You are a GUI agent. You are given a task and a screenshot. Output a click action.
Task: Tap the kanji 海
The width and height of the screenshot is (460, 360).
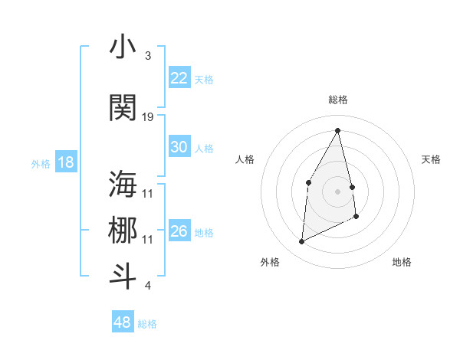coord(123,184)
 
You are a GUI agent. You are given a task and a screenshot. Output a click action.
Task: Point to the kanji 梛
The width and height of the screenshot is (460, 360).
coord(123,230)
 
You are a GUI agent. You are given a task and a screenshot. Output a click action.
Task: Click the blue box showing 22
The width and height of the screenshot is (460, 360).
coord(179,78)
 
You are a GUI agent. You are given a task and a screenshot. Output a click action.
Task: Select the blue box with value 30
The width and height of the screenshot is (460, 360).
coord(179,147)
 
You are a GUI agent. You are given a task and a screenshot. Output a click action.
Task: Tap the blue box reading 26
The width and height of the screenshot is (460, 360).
coord(179,231)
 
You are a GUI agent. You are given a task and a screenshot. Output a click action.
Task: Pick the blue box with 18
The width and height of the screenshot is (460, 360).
coord(65,162)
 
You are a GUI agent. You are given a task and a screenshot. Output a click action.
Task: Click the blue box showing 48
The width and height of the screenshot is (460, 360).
coord(123,322)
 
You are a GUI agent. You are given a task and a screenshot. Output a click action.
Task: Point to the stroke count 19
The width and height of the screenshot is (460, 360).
coord(148,116)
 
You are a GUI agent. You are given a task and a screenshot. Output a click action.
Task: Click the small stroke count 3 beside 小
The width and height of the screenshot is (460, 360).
coord(147,56)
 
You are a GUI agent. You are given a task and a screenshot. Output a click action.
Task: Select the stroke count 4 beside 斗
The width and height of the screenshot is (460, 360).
coord(147,286)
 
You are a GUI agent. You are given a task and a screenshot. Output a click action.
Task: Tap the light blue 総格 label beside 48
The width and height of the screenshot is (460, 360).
coord(147,324)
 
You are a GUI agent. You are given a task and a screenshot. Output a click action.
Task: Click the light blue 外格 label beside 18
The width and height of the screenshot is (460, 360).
coord(40,163)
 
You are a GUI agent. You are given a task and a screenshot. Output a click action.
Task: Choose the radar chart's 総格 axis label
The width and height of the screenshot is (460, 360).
coord(338,100)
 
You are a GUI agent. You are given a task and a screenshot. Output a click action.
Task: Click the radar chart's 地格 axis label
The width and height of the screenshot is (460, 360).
coord(402,262)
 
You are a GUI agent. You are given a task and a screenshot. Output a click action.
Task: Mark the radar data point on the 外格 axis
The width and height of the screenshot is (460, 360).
coord(301,242)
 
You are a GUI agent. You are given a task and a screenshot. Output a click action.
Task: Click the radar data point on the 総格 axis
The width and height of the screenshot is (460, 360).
coord(338,131)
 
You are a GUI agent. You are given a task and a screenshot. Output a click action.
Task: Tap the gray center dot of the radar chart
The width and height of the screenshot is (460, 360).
coord(338,191)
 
